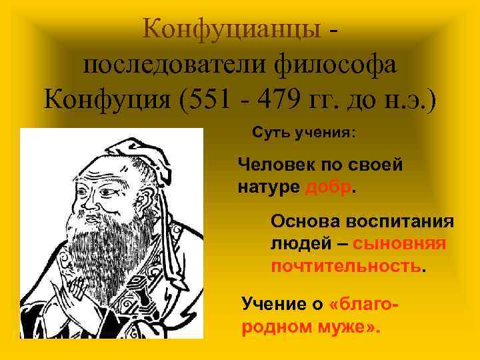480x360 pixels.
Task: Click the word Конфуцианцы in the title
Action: click(233, 29)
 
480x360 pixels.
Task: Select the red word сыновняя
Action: click(399, 244)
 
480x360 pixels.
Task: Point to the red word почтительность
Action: click(346, 267)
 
